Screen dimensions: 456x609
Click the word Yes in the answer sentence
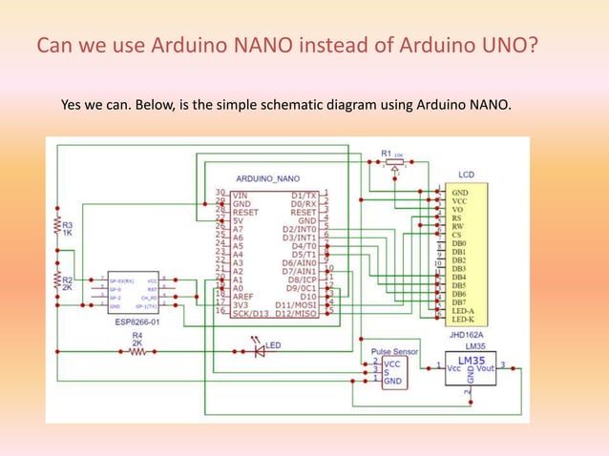73,103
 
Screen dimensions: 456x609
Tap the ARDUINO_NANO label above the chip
267,178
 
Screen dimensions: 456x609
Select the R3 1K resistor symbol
56,224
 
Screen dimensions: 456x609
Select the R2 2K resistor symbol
56,280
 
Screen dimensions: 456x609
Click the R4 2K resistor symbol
136,350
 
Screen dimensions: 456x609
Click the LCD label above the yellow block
466,176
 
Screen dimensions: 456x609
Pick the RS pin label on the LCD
457,218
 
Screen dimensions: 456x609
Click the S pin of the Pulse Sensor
386,372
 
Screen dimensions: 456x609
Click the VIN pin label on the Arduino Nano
240,194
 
